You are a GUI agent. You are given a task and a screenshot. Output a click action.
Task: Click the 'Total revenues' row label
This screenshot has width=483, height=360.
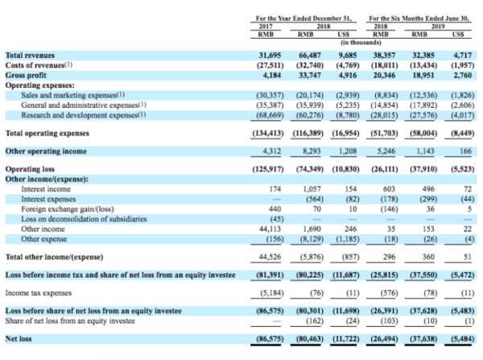30,56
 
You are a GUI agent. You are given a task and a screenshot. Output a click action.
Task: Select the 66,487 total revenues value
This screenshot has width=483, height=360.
310,56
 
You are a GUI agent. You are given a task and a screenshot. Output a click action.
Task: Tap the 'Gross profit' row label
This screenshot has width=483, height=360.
26,76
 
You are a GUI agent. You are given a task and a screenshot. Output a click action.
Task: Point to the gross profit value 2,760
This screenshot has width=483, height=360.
463,76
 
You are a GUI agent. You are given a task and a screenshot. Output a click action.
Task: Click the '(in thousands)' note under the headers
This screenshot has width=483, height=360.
361,43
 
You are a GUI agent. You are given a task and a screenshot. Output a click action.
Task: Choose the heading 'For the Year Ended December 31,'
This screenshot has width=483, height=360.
303,19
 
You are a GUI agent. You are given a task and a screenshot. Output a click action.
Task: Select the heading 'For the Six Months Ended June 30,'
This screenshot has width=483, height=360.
419,19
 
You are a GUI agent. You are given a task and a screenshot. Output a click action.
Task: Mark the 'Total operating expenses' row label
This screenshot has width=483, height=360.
47,134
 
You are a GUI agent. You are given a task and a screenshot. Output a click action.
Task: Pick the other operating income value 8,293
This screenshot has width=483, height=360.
312,151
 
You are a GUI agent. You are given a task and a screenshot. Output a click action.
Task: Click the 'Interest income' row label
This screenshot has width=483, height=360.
46,189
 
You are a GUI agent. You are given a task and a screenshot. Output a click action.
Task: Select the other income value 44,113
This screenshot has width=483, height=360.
270,230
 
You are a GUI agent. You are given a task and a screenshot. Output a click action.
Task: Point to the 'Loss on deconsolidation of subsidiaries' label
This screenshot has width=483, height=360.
84,219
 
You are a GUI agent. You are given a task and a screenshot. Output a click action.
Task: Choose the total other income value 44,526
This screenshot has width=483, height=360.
270,257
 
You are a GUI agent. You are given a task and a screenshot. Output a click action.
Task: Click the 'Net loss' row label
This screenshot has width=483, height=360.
19,339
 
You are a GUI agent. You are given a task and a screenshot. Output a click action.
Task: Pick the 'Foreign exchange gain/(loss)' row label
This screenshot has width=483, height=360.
68,209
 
